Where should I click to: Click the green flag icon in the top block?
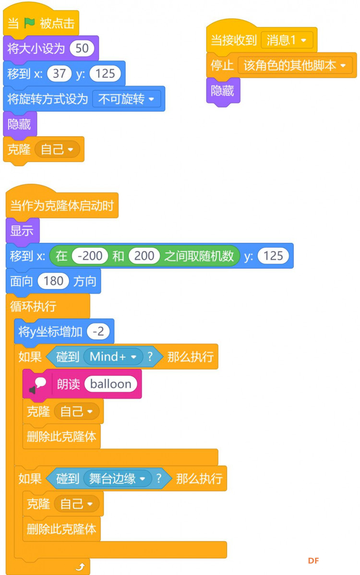pos(29,24)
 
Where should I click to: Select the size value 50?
pos(82,48)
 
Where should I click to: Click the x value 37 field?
pos(59,73)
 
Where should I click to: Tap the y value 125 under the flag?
pos(105,73)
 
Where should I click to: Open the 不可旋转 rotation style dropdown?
pos(126,99)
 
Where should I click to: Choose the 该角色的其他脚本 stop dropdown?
pos(295,65)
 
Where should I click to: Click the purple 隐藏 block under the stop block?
pos(223,91)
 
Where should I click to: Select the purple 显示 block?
pos(23,231)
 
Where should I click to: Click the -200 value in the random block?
pos(90,256)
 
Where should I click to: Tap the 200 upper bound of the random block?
pos(144,256)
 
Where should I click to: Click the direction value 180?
pos(54,281)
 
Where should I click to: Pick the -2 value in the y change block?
pos(98,332)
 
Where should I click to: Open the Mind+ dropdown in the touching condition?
pos(113,357)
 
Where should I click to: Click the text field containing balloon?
pos(111,384)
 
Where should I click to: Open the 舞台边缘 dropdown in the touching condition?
pos(117,479)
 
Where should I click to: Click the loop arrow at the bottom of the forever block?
pos(80,567)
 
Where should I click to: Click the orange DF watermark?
pos(313,561)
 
